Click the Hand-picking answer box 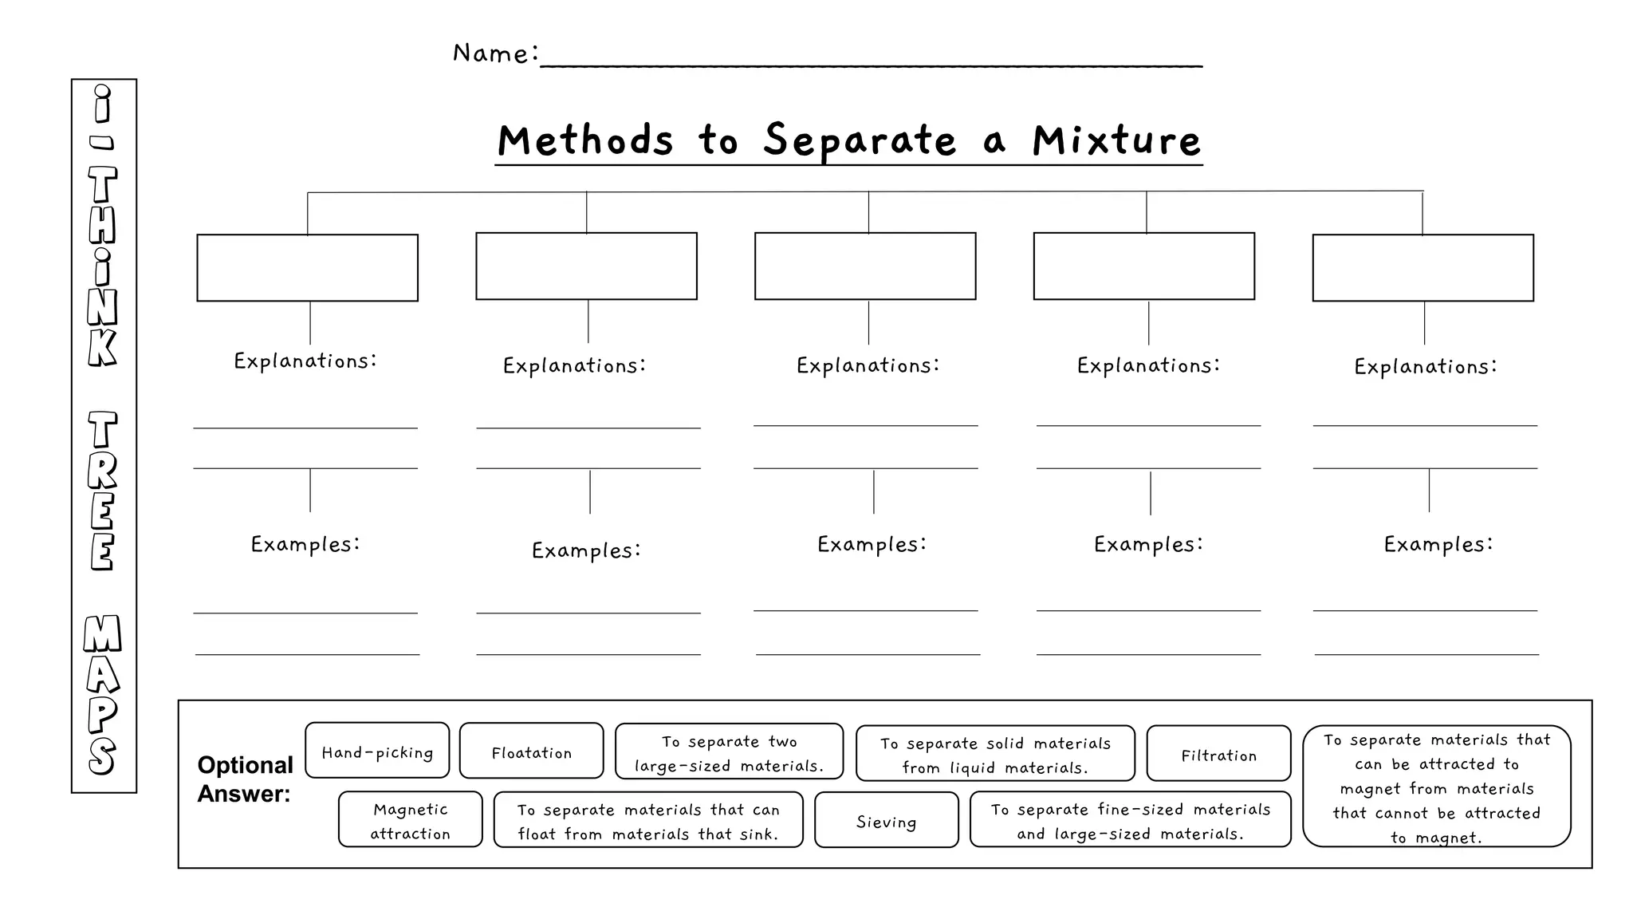377,751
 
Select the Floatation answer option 531,751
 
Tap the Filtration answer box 1218,754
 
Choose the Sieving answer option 886,820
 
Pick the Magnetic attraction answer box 410,820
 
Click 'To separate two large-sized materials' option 729,752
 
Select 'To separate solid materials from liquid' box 995,754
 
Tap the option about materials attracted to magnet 1436,787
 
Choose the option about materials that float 647,820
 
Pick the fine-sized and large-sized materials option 1130,820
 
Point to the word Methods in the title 586,140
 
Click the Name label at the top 495,53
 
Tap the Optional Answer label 245,779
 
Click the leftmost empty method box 307,268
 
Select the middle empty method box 865,266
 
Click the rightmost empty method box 1422,268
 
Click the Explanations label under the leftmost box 305,361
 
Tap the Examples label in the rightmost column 1438,544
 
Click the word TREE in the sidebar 103,491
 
